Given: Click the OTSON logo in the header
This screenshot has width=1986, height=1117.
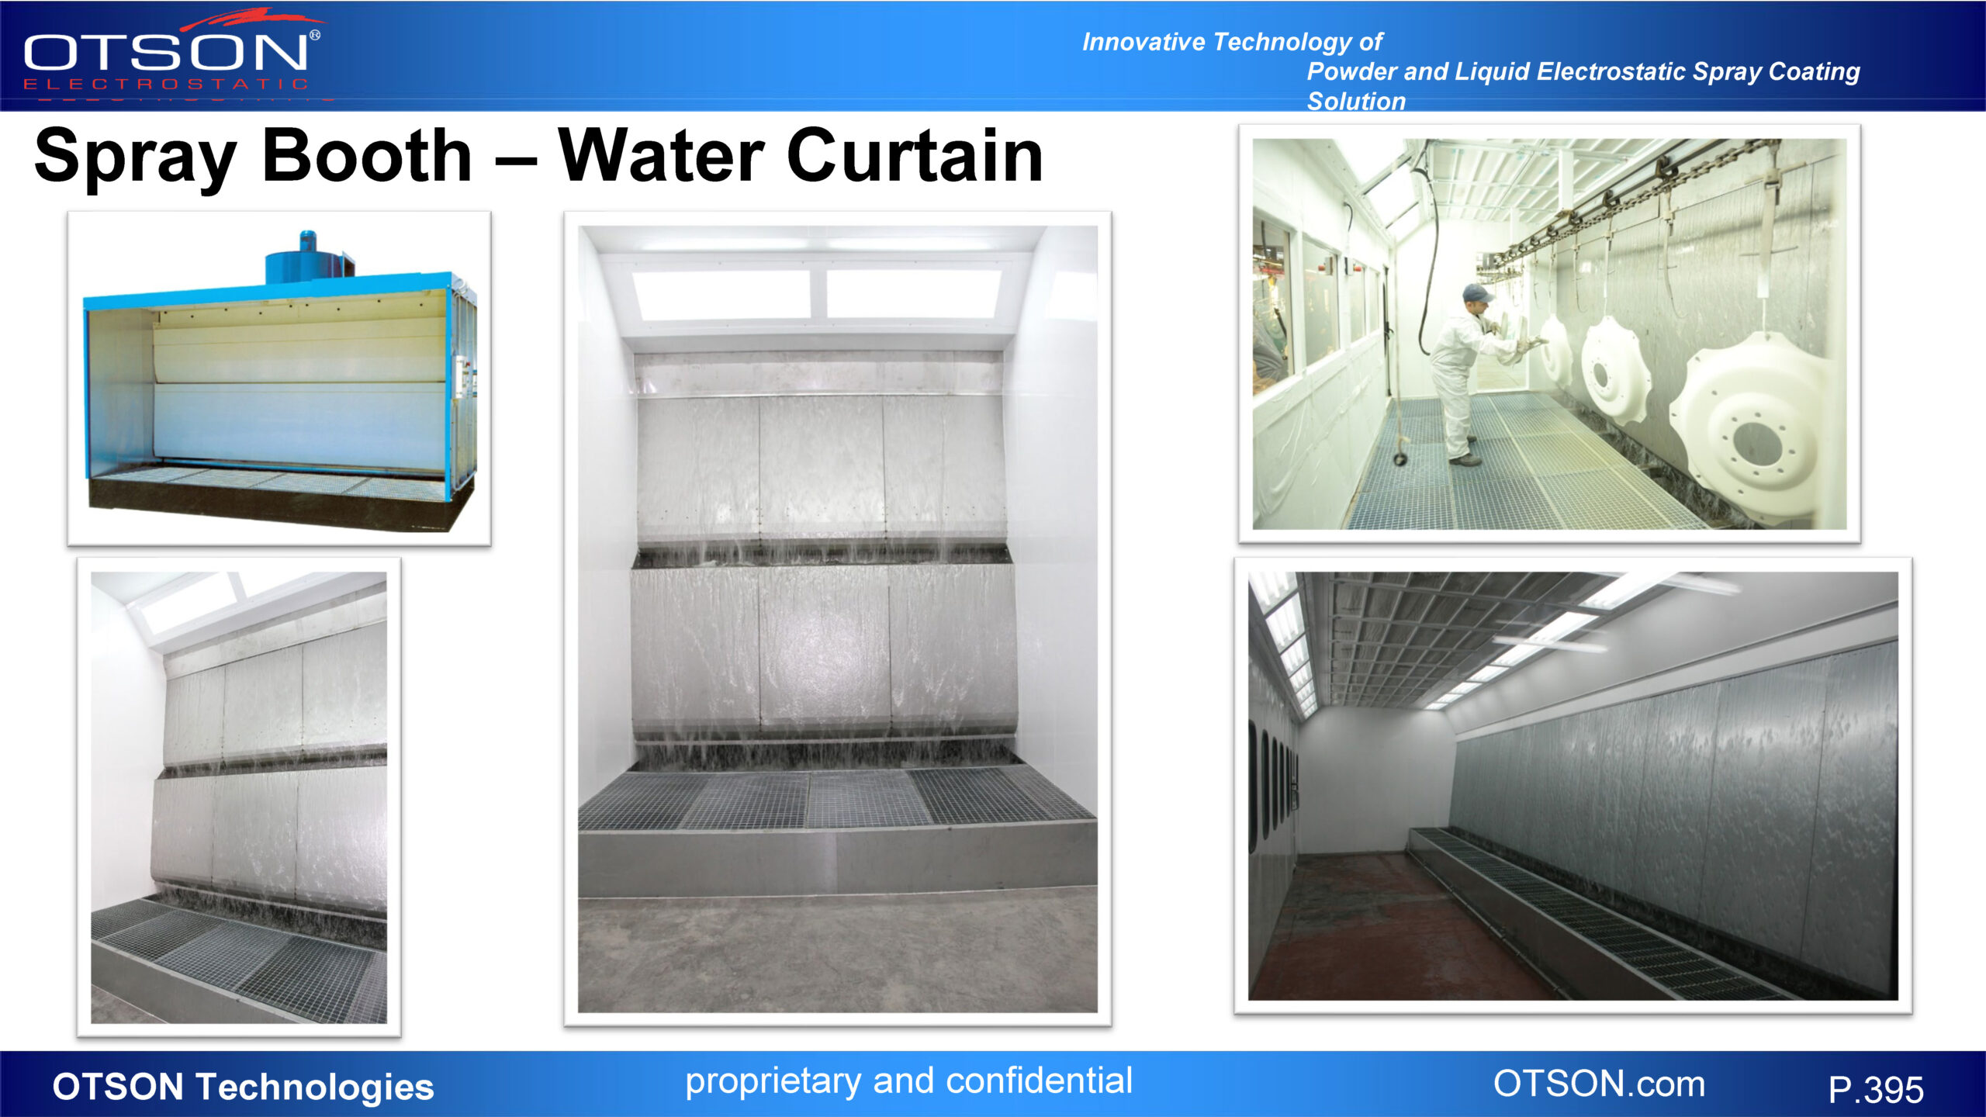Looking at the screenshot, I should [x=167, y=54].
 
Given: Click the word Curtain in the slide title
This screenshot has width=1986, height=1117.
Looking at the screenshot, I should [x=915, y=157].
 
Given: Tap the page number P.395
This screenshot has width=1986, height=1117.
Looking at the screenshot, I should [x=1875, y=1090].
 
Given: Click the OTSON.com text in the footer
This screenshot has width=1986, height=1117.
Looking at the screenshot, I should [x=1599, y=1084].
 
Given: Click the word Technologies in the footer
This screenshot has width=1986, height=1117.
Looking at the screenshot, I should [x=314, y=1086].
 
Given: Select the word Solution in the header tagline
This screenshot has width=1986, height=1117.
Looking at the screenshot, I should [x=1356, y=102].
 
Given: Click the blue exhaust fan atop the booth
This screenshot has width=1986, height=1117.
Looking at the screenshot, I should [x=308, y=258].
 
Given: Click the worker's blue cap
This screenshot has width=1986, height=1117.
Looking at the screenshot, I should [x=1476, y=293].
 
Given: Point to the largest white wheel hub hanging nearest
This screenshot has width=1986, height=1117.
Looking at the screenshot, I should [x=1755, y=427].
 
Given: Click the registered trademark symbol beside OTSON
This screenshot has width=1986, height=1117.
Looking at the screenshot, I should [x=315, y=35].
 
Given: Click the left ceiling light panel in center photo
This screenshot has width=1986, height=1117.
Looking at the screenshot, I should [x=722, y=293].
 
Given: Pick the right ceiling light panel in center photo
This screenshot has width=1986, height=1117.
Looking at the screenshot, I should [x=913, y=293].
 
